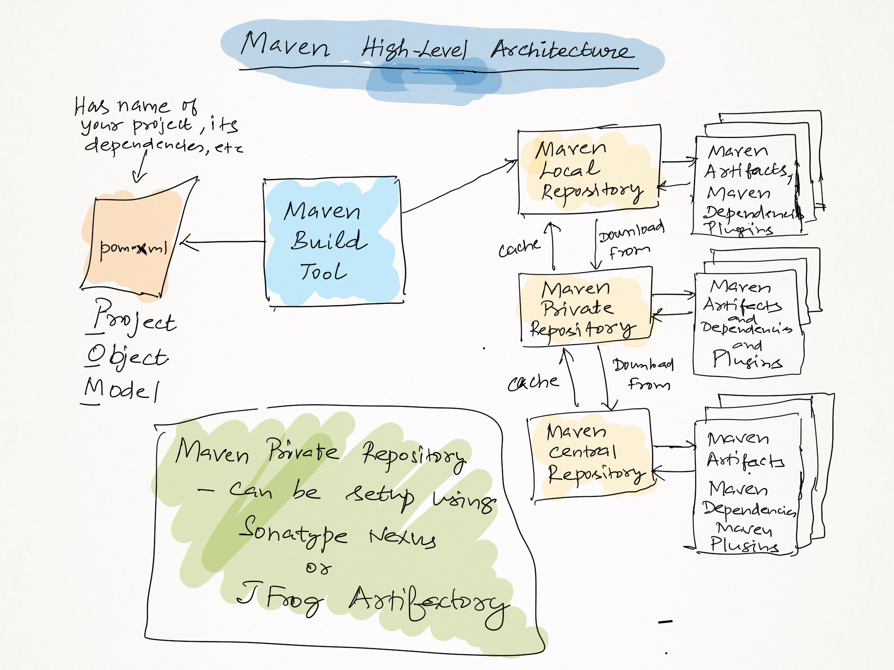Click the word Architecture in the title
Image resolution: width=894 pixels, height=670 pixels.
(x=561, y=50)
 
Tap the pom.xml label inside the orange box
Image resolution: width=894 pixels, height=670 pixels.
(x=133, y=248)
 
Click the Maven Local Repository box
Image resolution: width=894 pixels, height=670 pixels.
(x=589, y=170)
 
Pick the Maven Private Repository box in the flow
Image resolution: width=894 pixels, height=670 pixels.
(x=585, y=308)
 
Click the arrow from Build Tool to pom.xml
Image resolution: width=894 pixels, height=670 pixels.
(x=223, y=242)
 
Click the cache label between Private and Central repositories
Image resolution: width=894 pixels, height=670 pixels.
(x=533, y=383)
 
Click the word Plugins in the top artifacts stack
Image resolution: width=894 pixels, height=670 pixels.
(x=738, y=229)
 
